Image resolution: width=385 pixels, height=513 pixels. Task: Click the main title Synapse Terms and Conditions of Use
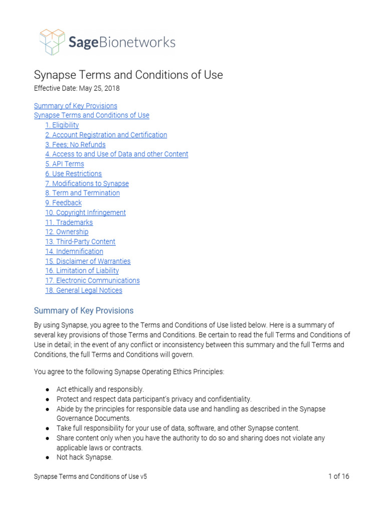(x=128, y=75)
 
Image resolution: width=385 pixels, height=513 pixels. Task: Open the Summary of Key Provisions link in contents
(x=75, y=106)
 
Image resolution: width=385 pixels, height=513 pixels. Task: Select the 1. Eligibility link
(x=62, y=125)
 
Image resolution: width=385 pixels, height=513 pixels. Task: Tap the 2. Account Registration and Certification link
(x=106, y=135)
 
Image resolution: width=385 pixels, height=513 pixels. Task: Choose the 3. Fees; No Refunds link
(x=75, y=145)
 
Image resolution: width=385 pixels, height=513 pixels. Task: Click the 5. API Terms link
(x=64, y=164)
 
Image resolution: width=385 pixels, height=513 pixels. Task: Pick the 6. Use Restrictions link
(x=73, y=174)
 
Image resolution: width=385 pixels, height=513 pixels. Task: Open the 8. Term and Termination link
(x=82, y=193)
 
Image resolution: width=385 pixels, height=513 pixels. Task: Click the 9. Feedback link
(x=63, y=203)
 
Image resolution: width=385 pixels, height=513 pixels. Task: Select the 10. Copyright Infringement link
(x=85, y=212)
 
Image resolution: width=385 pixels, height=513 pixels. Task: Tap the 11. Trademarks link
(x=69, y=222)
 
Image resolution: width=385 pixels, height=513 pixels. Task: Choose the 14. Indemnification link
(x=74, y=251)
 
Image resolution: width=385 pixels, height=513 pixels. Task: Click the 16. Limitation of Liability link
(x=82, y=271)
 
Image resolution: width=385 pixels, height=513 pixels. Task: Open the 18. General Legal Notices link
(x=83, y=291)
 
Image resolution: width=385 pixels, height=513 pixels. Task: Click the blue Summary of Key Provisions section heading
(x=83, y=311)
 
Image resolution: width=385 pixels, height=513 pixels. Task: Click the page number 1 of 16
(x=338, y=476)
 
